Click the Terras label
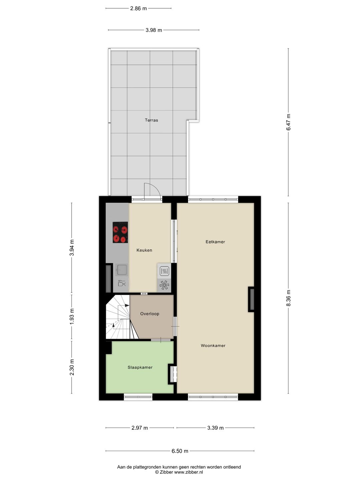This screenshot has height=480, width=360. point(151,120)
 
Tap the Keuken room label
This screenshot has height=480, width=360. point(144,250)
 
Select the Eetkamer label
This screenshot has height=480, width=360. point(215,242)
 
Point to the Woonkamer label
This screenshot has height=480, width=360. point(213,346)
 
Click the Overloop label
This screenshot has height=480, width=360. point(150,314)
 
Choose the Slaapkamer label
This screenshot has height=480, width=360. point(140,367)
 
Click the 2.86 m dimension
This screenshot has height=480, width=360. point(138,8)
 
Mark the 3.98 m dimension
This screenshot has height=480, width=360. point(154,30)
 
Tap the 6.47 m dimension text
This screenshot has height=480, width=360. point(289,122)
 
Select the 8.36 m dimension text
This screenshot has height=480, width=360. point(289,298)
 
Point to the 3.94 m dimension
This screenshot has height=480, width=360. point(72,248)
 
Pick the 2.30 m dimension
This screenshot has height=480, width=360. point(72,367)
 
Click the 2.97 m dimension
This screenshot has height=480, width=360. point(140,428)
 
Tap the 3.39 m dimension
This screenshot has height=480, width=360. point(215,428)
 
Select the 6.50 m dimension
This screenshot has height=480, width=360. point(180,451)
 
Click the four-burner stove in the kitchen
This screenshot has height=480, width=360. point(120,232)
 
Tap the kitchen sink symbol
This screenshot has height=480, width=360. point(121,270)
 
